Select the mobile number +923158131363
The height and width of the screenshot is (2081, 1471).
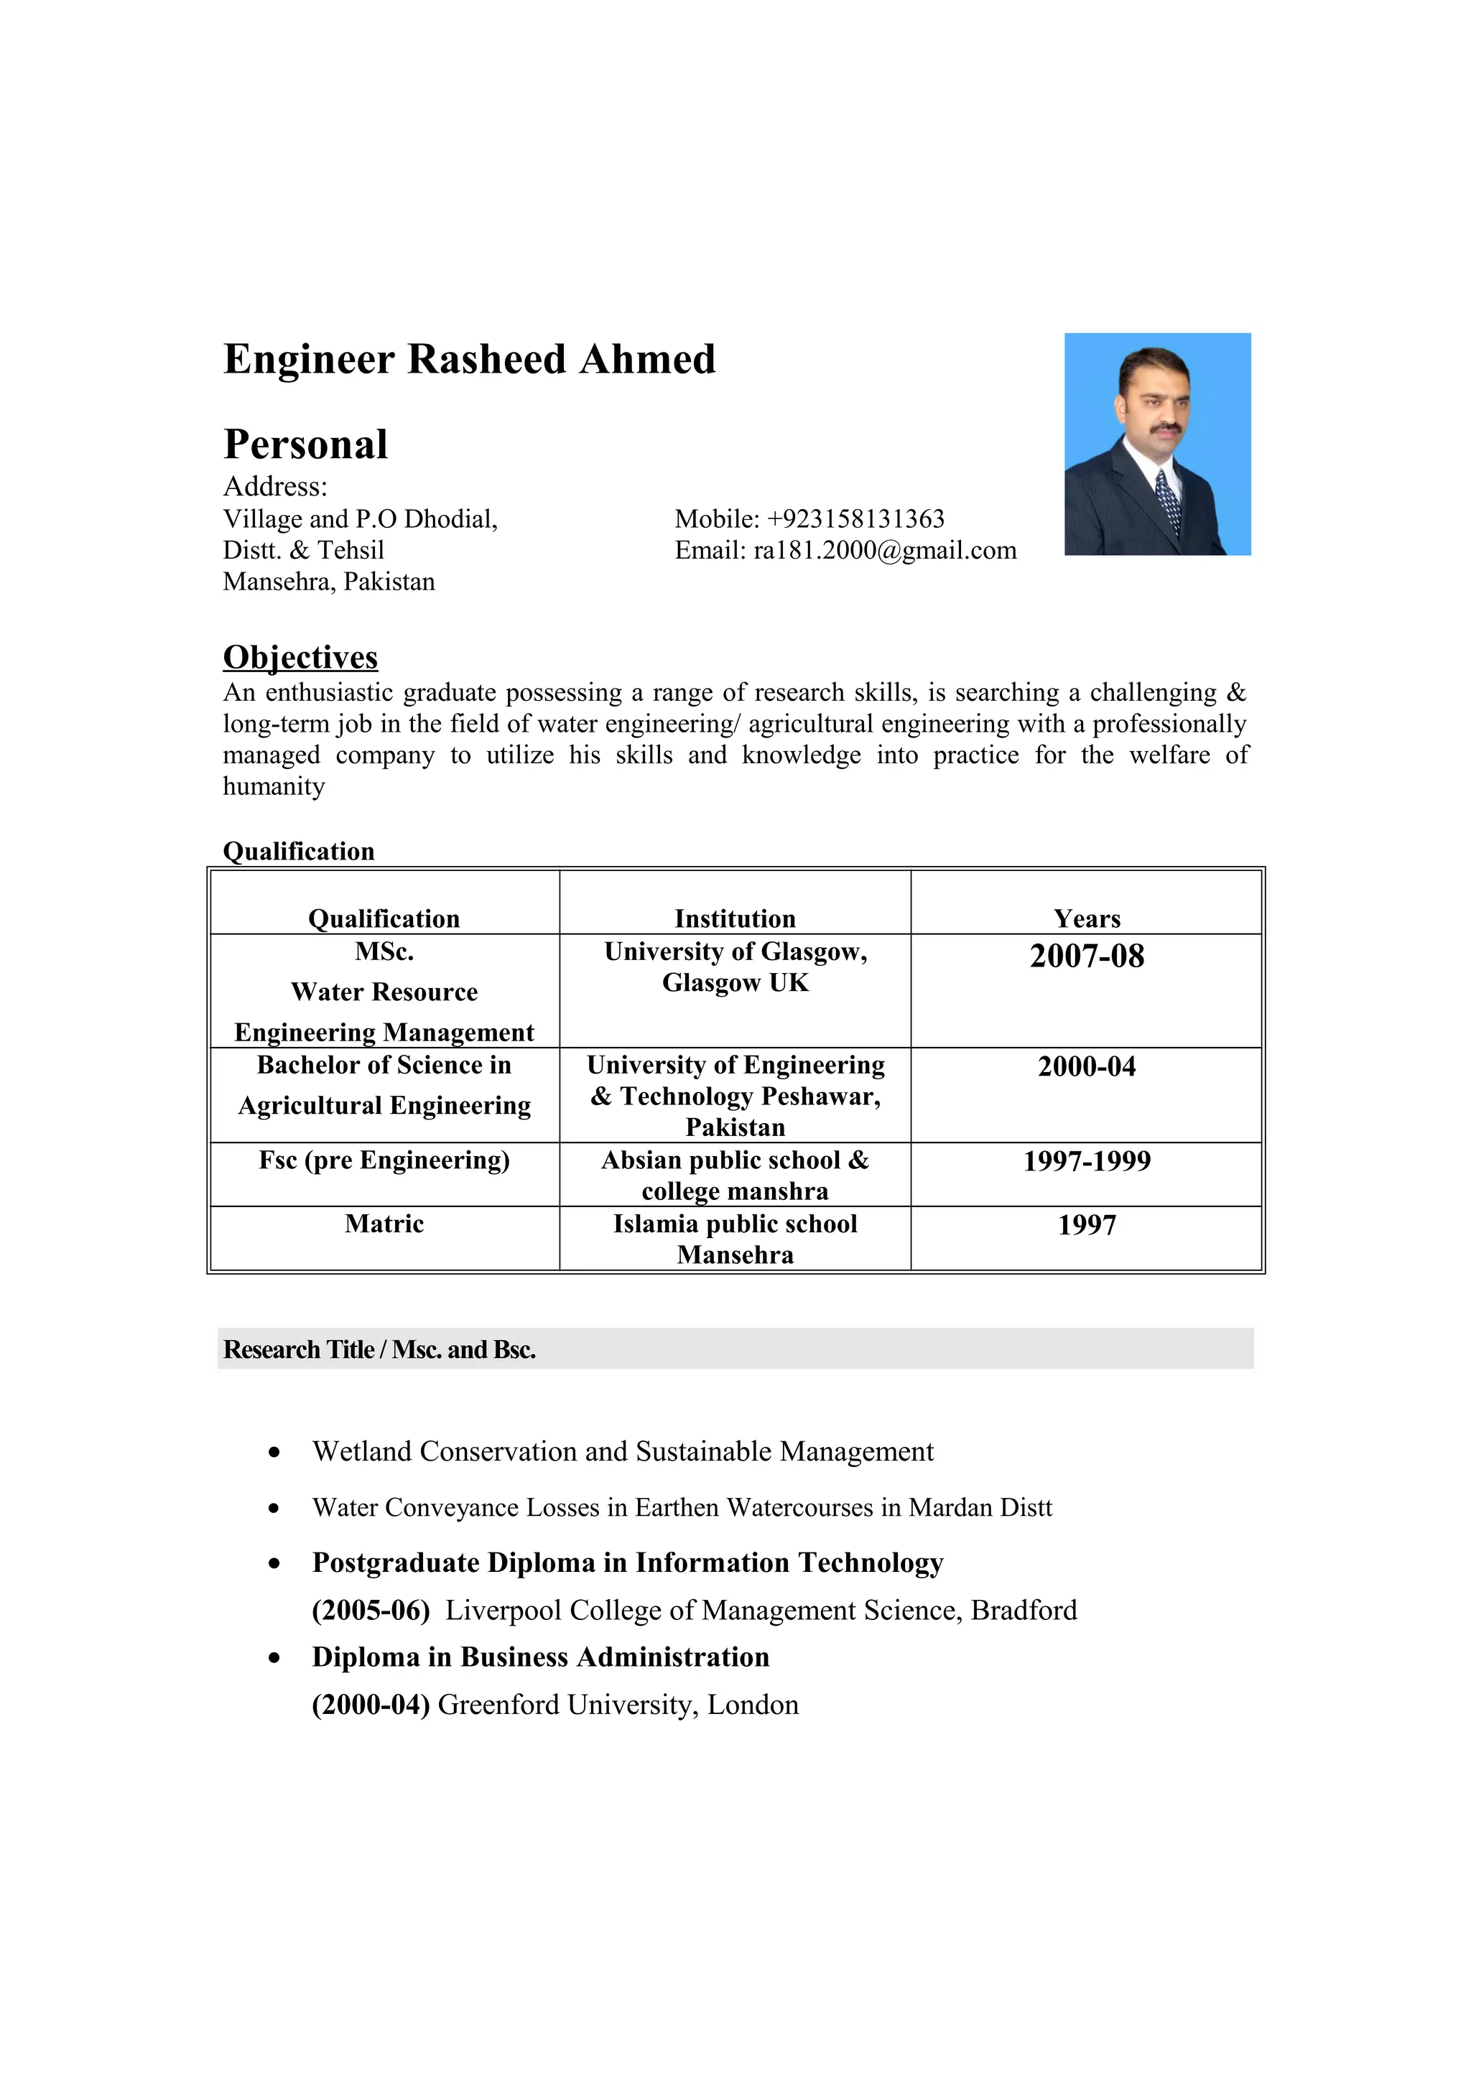(855, 519)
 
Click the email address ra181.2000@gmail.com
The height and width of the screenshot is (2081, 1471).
(885, 551)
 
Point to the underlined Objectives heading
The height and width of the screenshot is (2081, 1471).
(300, 657)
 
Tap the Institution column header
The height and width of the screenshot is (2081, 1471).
(734, 918)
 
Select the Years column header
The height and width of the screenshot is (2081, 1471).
(1086, 918)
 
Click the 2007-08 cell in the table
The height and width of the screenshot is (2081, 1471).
(1086, 957)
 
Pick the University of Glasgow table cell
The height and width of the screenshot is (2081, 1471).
(734, 967)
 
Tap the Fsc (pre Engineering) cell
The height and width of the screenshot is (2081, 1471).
(384, 1160)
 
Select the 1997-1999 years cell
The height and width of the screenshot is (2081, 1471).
(1086, 1161)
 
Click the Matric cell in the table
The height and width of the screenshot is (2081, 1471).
(384, 1224)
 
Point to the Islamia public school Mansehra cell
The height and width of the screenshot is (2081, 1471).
(734, 1239)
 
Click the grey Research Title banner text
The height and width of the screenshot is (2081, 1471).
(379, 1349)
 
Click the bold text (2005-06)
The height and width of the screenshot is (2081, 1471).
(370, 1610)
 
